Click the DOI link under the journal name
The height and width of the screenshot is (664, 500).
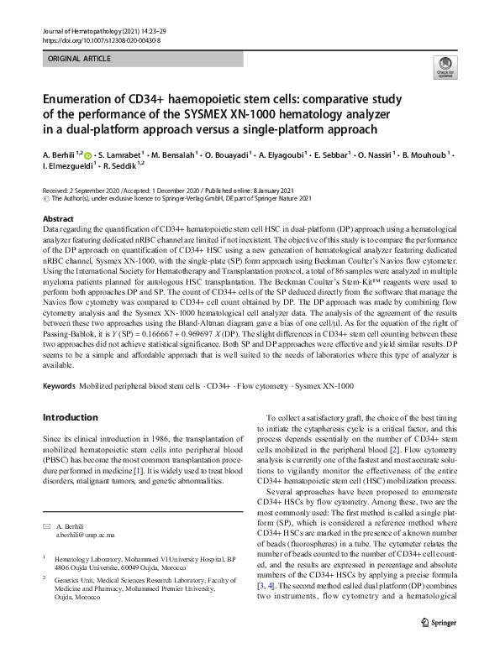pyautogui.click(x=100, y=39)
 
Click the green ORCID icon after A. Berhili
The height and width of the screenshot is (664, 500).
pyautogui.click(x=90, y=155)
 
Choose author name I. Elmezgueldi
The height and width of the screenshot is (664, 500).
pyautogui.click(x=73, y=168)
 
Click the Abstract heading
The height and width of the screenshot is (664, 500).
pyautogui.click(x=58, y=218)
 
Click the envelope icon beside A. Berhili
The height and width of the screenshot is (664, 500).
pyautogui.click(x=47, y=502)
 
